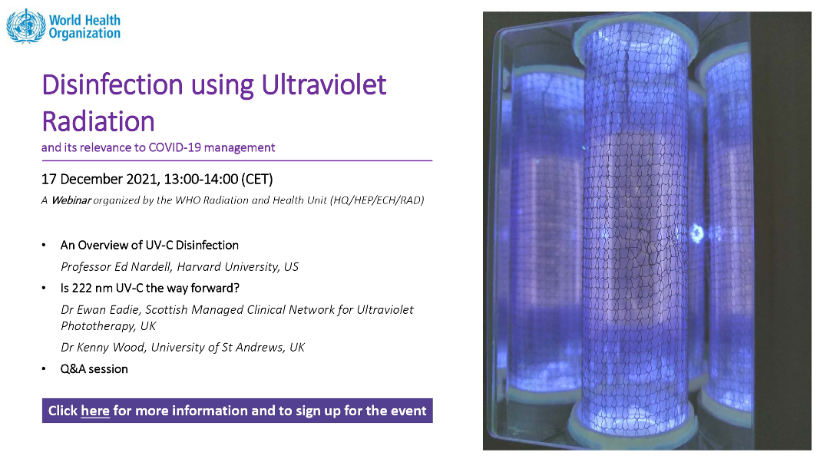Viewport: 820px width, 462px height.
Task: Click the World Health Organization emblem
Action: [25, 26]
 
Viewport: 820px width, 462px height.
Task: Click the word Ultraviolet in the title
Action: [324, 84]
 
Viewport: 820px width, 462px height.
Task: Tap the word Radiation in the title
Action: [98, 122]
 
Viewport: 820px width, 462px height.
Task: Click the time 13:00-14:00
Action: [201, 180]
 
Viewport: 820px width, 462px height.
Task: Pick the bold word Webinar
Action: [71, 200]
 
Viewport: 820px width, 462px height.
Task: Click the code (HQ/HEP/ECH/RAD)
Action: [377, 200]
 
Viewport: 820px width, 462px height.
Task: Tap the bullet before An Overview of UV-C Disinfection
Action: [44, 245]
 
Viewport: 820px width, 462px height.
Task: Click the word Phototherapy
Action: [98, 326]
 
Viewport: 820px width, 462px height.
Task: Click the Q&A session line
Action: [94, 369]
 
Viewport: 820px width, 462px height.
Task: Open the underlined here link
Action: [95, 411]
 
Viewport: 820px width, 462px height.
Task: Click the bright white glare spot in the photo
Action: [696, 233]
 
